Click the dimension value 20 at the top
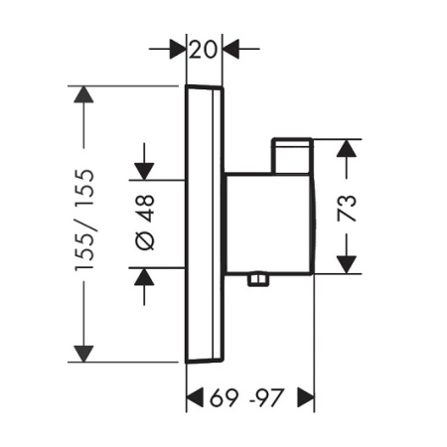click(204, 50)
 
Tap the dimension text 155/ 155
click(84, 221)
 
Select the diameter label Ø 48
click(145, 223)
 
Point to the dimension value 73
click(347, 209)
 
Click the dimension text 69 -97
click(247, 397)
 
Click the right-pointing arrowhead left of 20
click(178, 49)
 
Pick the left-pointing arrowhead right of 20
click(230, 49)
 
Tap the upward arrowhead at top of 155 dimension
click(83, 94)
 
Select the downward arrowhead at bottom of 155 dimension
click(83, 354)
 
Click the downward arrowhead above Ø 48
click(144, 172)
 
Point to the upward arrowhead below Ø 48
click(144, 276)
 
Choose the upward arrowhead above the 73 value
click(347, 148)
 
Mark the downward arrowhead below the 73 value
click(347, 265)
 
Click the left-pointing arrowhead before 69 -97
click(195, 397)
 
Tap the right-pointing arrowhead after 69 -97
click(306, 397)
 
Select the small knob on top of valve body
click(292, 156)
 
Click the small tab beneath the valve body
click(258, 279)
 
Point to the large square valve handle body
click(269, 223)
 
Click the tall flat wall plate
click(205, 223)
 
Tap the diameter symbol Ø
click(145, 240)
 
